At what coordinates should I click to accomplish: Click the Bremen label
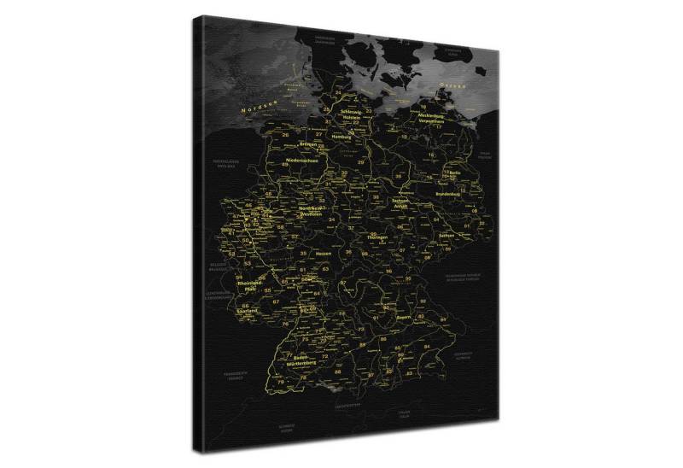(x=308, y=145)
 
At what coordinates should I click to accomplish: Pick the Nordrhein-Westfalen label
(x=315, y=212)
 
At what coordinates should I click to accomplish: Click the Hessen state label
(x=324, y=254)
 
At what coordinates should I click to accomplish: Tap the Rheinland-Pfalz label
(x=250, y=286)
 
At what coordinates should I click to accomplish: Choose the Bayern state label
(x=404, y=317)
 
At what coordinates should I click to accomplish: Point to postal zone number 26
(x=285, y=134)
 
